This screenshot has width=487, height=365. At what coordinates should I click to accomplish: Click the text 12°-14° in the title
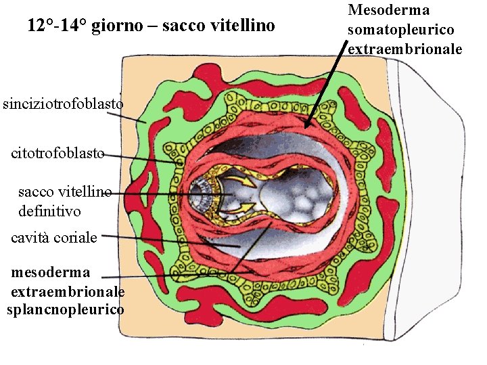click(x=57, y=26)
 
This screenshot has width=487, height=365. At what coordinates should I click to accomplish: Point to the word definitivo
click(x=49, y=211)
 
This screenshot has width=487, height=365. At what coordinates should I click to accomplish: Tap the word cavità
click(x=30, y=238)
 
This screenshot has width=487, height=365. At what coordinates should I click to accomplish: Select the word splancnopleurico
click(x=65, y=310)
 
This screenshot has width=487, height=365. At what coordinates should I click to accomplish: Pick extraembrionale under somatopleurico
click(x=404, y=49)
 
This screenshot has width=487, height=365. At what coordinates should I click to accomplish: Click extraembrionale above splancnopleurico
click(x=68, y=291)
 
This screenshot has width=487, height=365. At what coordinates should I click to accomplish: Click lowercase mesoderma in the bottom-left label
click(x=51, y=273)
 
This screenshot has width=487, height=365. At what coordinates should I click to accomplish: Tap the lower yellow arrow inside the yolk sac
click(x=246, y=205)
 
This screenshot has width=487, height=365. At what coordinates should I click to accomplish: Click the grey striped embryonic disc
click(x=202, y=193)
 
